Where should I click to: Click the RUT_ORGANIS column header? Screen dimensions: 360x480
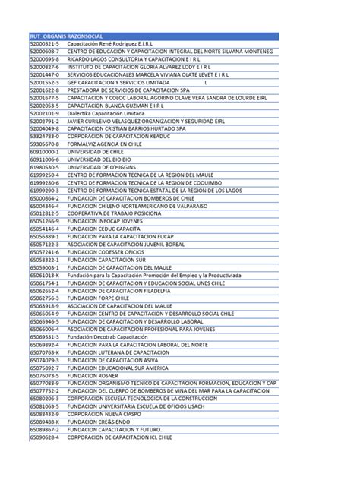46,36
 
